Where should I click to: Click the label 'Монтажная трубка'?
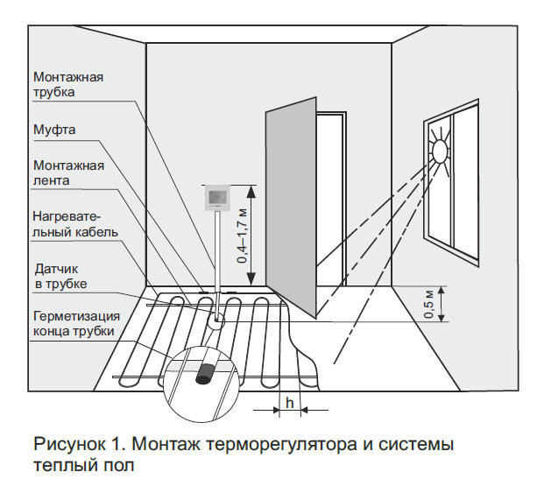68,84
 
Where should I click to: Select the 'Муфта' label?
54,130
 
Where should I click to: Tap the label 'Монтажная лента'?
68,173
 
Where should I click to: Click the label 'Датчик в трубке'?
60,278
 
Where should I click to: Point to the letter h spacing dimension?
288,402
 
